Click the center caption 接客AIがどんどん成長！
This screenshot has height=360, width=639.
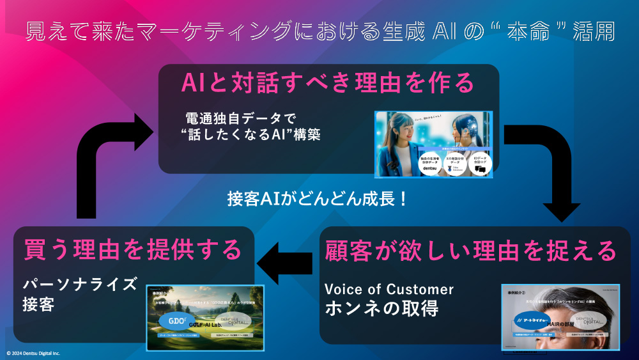point(317,198)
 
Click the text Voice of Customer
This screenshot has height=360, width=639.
point(389,289)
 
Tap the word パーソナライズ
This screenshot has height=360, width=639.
point(80,284)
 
